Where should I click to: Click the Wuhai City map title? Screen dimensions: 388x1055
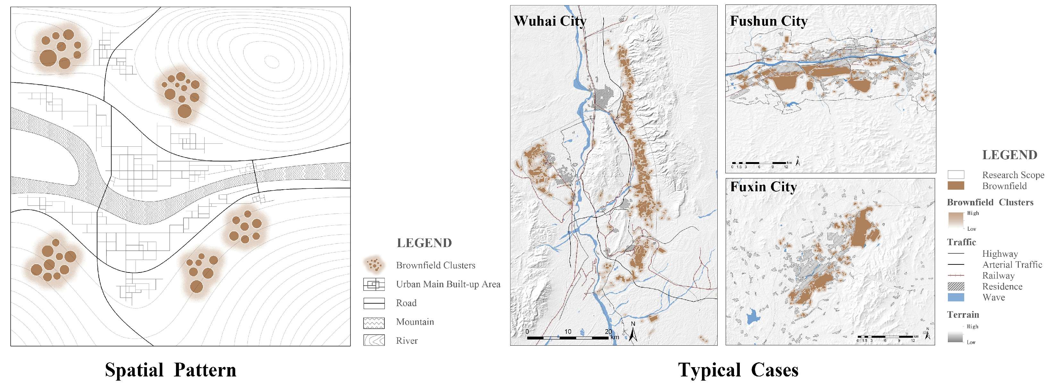[550, 21]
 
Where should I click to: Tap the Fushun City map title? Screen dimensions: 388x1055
[768, 21]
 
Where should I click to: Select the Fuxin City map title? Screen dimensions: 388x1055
[764, 187]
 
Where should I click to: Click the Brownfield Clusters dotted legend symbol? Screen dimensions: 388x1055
[374, 265]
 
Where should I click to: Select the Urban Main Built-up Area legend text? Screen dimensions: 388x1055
[448, 284]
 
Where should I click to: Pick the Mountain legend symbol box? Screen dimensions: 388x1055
[374, 323]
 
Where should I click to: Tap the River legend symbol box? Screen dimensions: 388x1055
[374, 341]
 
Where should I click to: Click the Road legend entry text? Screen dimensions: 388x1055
[406, 303]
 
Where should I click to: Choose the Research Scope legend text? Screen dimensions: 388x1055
[1013, 175]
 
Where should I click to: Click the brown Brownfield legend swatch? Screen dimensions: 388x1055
[956, 185]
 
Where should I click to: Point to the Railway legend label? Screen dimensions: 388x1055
[998, 276]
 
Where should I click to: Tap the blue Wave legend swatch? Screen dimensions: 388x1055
[956, 297]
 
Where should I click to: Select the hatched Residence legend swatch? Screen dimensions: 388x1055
[956, 286]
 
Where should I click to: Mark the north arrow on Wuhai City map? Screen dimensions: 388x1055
[633, 333]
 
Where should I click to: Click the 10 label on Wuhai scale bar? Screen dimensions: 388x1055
[568, 332]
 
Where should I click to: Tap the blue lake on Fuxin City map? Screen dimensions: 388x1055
[753, 317]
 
